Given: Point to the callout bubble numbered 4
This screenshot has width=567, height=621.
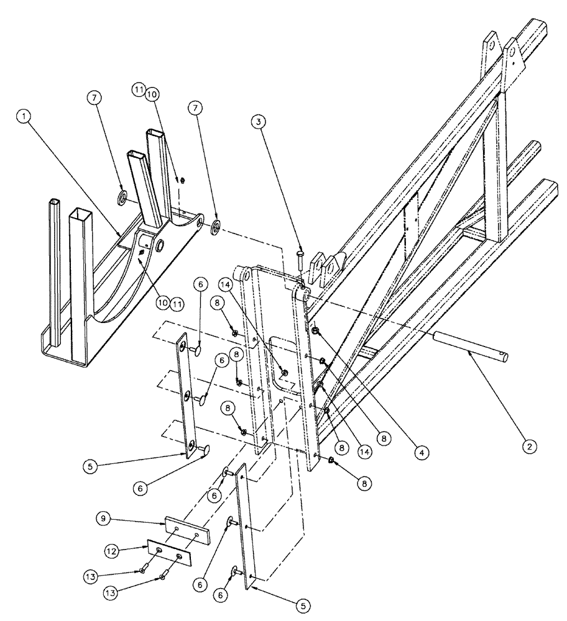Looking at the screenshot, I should [x=422, y=453].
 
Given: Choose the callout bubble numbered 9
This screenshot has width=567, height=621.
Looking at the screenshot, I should [x=104, y=518].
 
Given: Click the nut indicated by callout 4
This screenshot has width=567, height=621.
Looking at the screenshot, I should [x=316, y=331].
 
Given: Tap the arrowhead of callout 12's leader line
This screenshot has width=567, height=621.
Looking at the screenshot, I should [x=149, y=544].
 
